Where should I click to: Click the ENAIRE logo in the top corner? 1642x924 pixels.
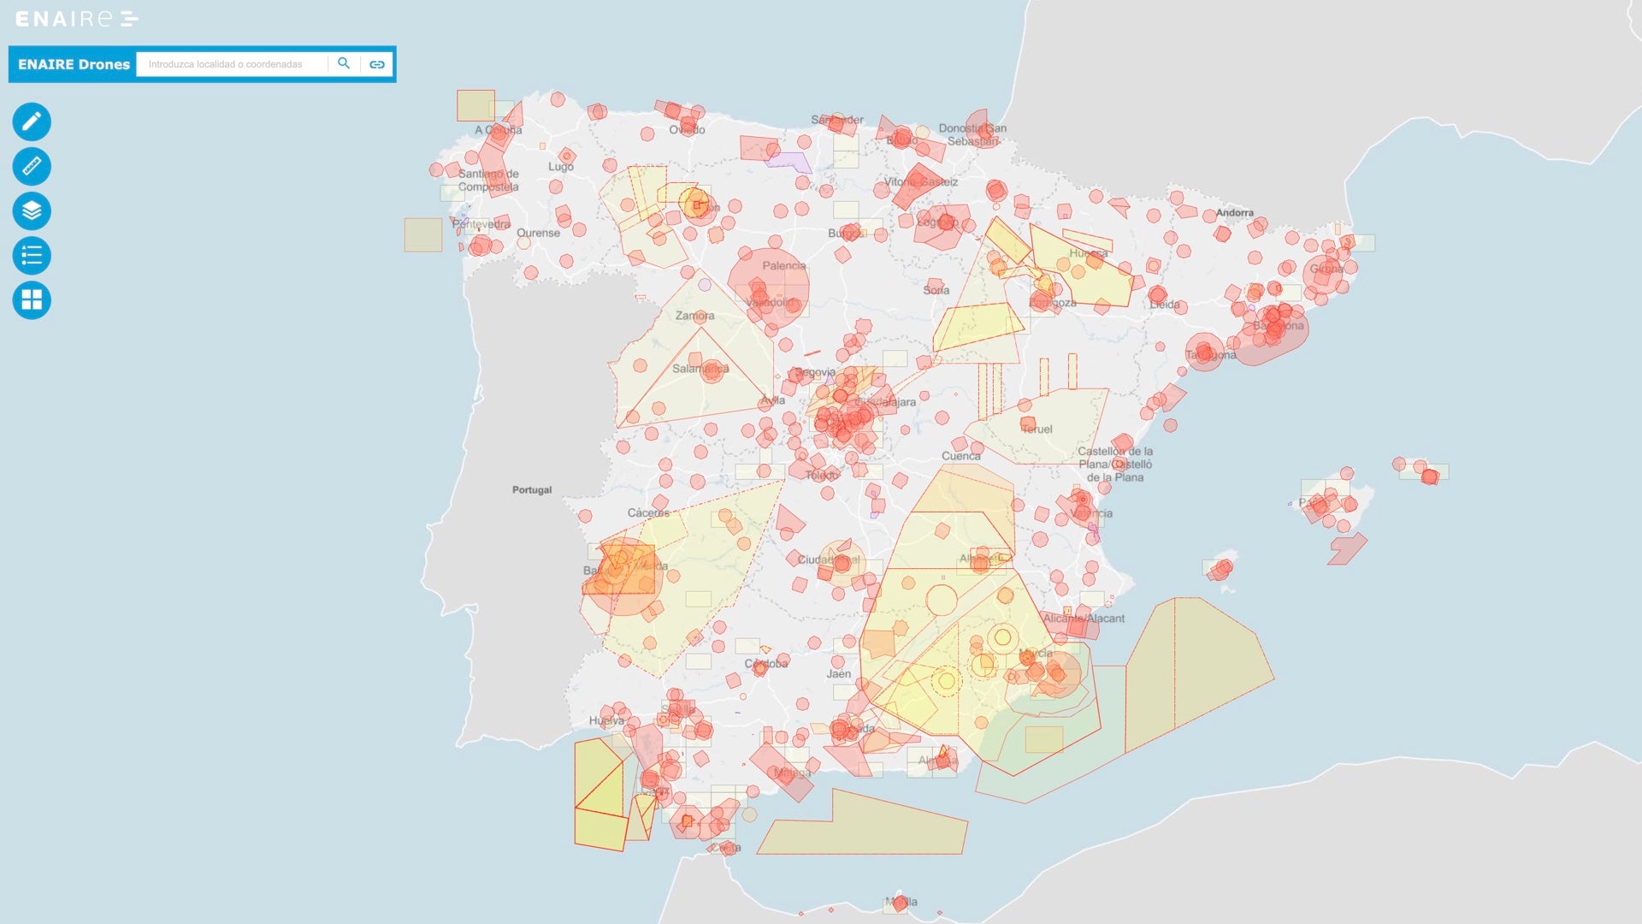[76, 19]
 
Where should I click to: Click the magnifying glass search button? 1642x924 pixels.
[344, 63]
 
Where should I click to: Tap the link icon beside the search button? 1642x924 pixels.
[377, 64]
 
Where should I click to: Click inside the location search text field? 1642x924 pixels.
[231, 64]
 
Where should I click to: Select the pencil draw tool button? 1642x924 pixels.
[32, 121]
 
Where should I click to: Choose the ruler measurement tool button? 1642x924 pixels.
[32, 166]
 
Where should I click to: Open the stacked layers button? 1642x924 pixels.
[32, 210]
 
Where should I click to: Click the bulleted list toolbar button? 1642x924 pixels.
[32, 255]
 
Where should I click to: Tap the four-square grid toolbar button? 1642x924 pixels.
[32, 300]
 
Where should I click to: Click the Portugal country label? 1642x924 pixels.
[532, 490]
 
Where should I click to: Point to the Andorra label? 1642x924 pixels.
[1234, 213]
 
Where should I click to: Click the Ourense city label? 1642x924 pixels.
[538, 233]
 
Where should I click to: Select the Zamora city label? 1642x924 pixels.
[694, 316]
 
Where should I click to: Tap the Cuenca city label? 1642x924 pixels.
[960, 456]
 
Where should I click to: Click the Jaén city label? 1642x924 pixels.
[838, 674]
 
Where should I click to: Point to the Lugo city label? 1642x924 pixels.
[560, 167]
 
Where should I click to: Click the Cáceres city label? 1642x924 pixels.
[648, 513]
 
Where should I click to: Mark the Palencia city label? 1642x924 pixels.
[783, 266]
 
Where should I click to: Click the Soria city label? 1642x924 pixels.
[936, 290]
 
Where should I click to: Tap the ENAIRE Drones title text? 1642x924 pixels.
[74, 64]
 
